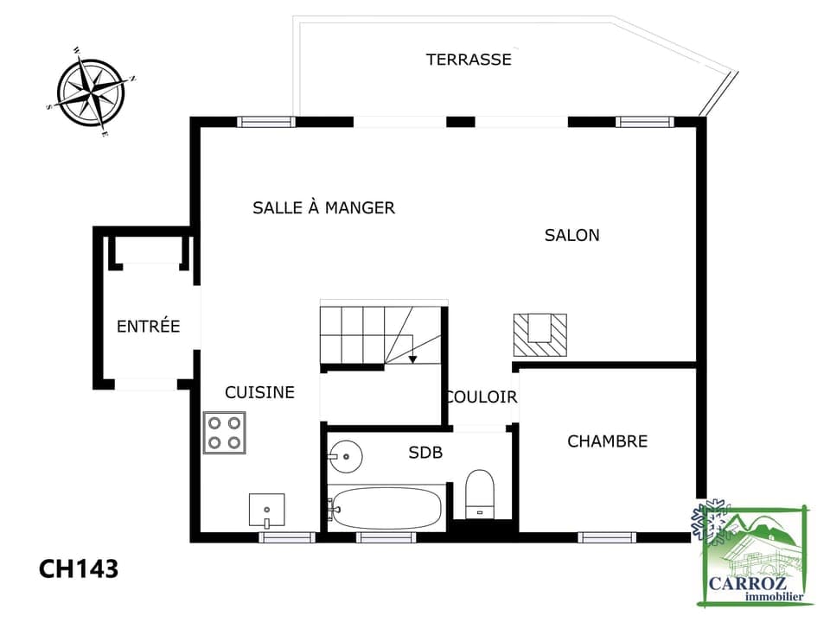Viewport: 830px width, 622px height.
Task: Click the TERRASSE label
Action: (469, 60)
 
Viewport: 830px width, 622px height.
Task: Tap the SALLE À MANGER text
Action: (324, 207)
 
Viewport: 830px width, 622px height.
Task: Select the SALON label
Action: (572, 235)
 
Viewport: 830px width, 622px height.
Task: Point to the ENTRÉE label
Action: (148, 326)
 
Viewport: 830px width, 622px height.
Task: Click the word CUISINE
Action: (260, 392)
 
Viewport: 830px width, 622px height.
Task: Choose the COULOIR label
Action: (482, 397)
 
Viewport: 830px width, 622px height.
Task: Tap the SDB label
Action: (425, 452)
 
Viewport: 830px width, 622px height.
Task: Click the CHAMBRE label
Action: (608, 441)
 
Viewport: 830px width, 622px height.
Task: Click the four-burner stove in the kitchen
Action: (225, 433)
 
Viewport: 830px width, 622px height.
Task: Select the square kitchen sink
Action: (267, 511)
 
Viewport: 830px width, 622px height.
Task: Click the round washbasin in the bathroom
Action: (345, 456)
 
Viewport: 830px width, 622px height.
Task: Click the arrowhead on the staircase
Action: (413, 359)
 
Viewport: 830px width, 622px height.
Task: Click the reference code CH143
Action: (79, 569)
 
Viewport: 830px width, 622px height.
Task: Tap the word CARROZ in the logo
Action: (747, 584)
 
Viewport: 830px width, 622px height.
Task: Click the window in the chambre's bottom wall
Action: (607, 537)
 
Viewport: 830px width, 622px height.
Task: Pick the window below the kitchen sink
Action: (287, 537)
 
